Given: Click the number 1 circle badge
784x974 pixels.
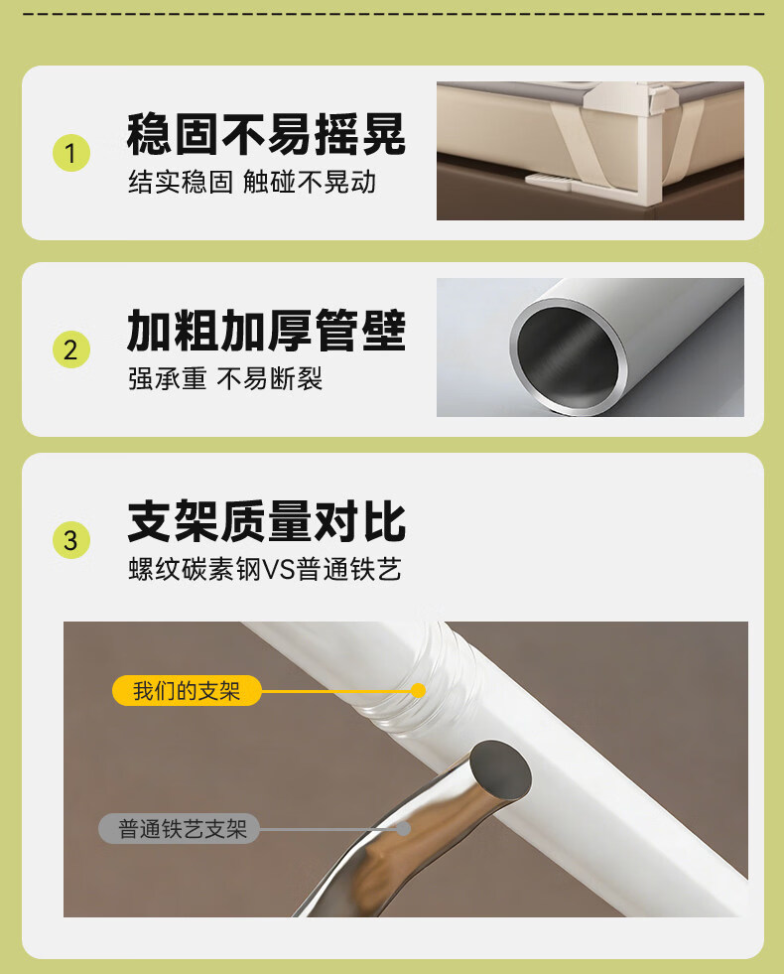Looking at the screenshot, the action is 71,154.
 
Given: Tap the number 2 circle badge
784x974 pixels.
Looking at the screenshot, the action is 71,349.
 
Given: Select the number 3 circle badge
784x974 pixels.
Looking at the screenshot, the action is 71,540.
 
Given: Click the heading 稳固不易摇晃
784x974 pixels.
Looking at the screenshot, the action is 266,134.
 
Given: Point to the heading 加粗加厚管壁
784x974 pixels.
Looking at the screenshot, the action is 266,330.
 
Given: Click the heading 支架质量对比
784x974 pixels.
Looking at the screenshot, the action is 266,521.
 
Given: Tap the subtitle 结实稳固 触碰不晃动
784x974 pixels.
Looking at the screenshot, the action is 252,182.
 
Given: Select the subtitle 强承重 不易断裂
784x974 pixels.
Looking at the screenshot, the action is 225,378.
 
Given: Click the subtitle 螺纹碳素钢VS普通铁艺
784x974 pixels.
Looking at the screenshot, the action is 265,569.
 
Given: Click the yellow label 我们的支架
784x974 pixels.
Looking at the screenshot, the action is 187,690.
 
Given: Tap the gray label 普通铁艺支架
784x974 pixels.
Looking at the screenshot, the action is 180,829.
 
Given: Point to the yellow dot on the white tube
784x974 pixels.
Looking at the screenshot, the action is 419,690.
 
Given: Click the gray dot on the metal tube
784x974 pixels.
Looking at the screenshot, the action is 404,829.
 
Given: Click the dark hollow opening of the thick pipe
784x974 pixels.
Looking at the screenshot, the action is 569,357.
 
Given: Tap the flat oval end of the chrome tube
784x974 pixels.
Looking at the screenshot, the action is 500,770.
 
